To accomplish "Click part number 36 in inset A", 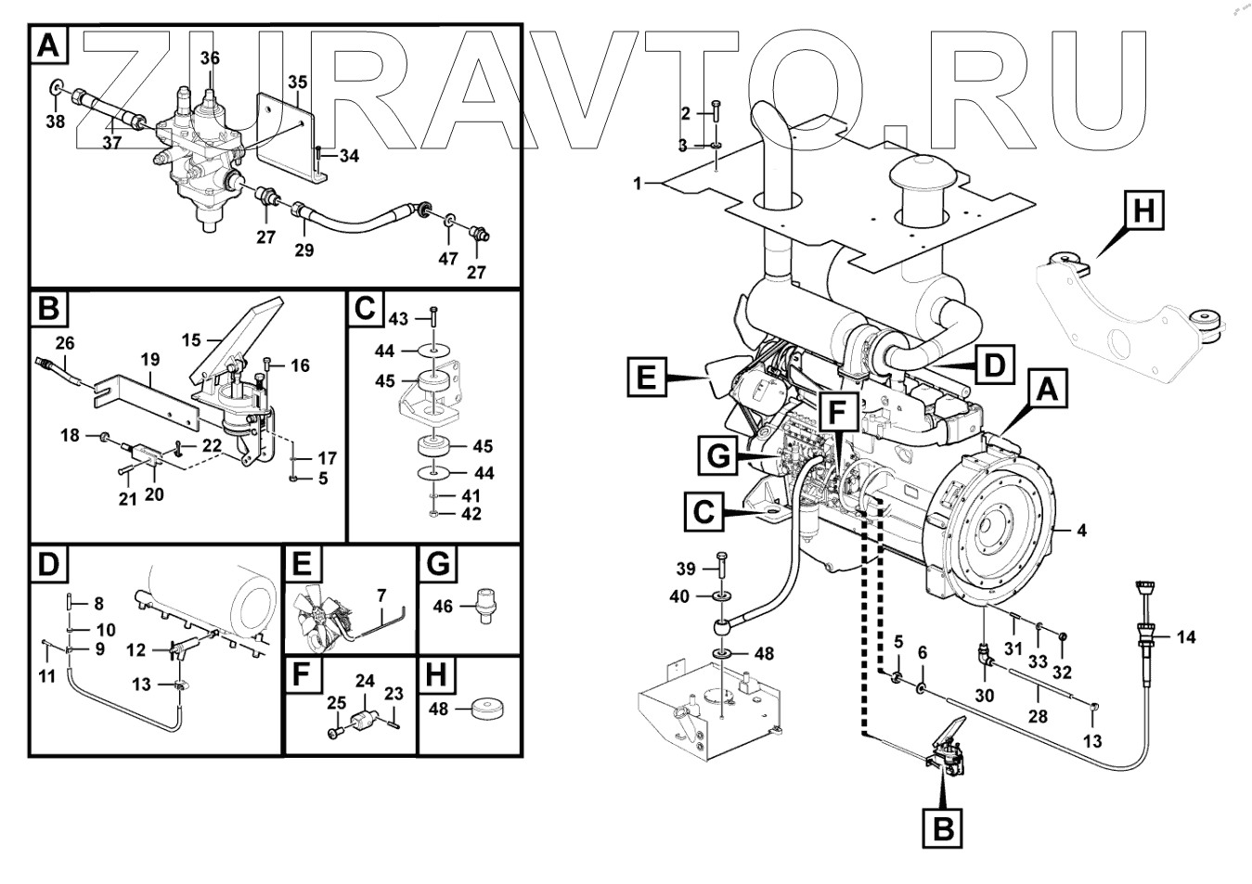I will [x=211, y=58].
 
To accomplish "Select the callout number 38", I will [x=56, y=121].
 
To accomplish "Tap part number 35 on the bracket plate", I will [x=297, y=83].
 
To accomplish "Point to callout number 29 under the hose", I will [x=304, y=250].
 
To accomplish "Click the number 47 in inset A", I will [x=448, y=258].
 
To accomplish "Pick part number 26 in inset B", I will [x=64, y=343].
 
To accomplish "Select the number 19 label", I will [x=150, y=360].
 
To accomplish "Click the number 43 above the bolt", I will [x=398, y=319].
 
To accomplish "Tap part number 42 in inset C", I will [x=471, y=514].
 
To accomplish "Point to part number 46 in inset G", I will [x=444, y=607].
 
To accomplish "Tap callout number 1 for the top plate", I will [x=638, y=184].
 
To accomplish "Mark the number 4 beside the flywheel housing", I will [x=1081, y=532].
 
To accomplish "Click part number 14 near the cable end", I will [x=1186, y=637].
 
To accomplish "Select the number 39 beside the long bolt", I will [x=685, y=569].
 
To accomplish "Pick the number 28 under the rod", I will [x=1038, y=716].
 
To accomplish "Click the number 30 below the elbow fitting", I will [x=985, y=695].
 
